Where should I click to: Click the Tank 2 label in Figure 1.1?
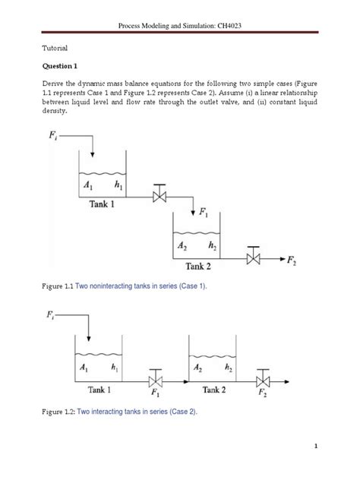tap(204, 267)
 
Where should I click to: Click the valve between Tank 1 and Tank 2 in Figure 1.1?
tap(159, 197)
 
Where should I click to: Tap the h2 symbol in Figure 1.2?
tap(229, 367)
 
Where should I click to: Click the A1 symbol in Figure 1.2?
tap(83, 367)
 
